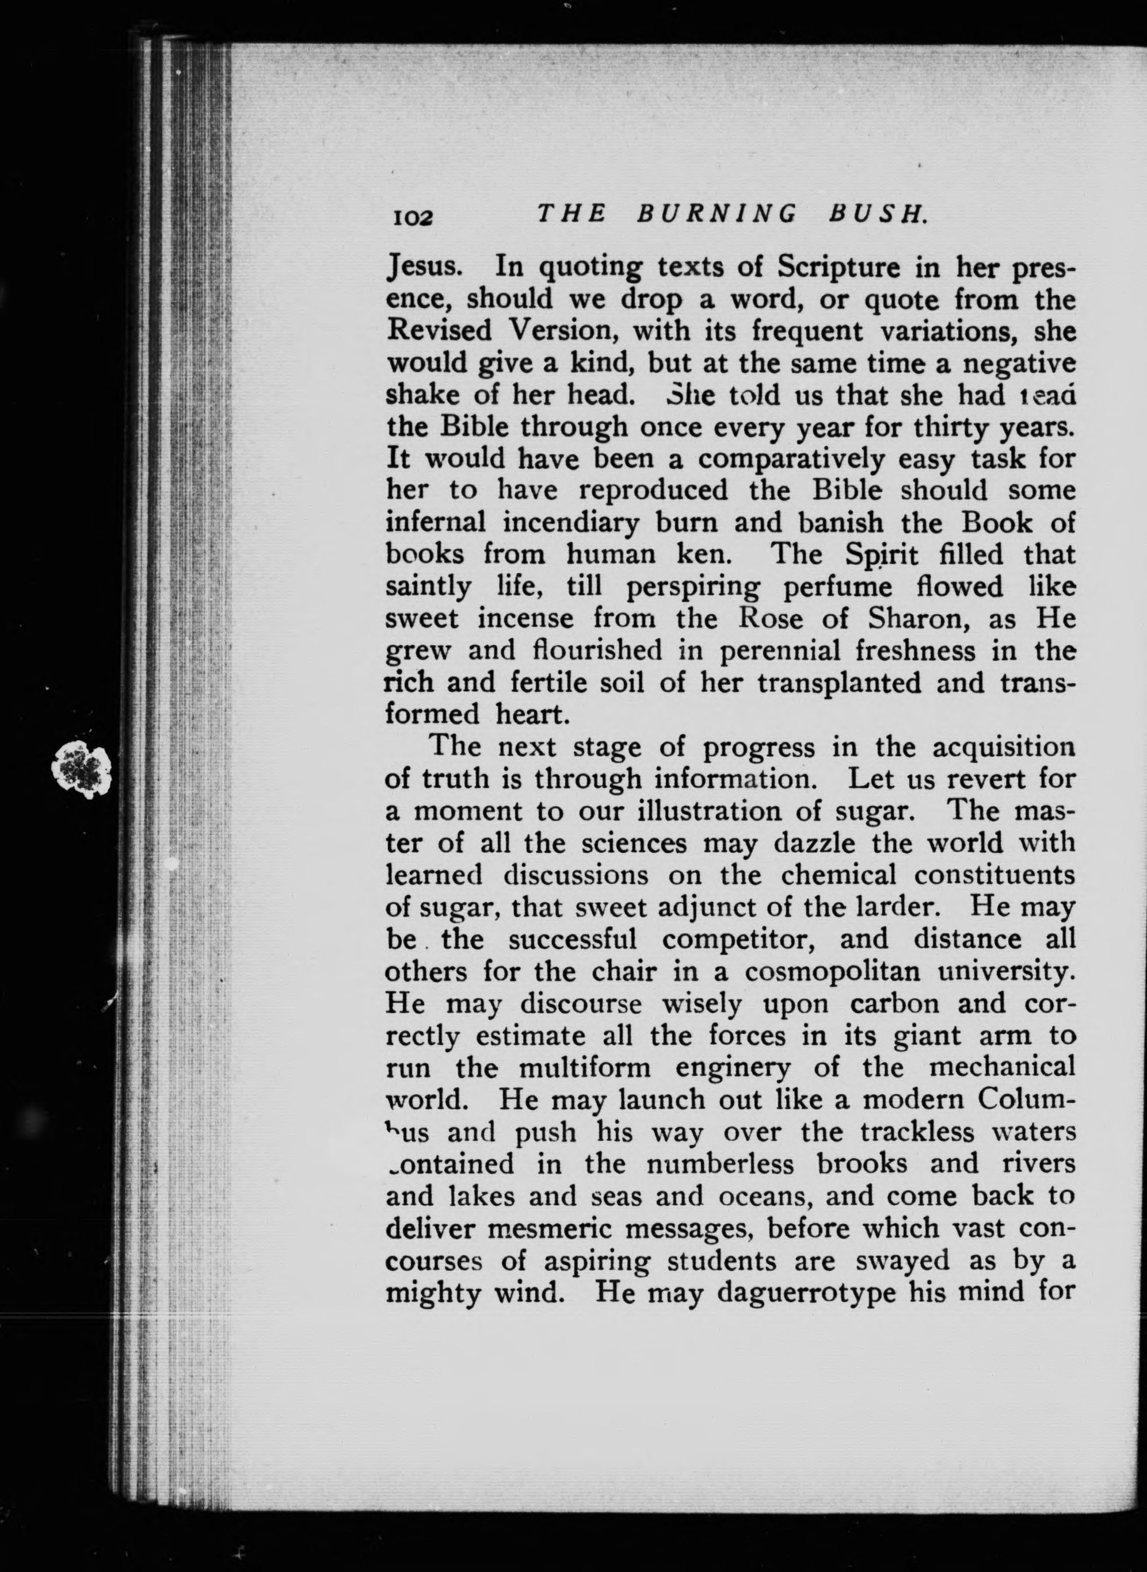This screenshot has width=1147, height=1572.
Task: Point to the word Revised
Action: tap(439, 330)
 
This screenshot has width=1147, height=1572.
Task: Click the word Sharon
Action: tap(908, 618)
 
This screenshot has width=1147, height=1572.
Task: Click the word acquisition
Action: tap(1003, 747)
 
